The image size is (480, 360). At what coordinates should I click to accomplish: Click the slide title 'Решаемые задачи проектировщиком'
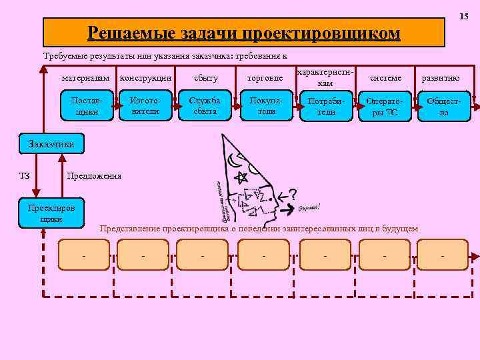(x=244, y=33)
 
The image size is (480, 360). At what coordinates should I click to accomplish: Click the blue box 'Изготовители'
(x=144, y=106)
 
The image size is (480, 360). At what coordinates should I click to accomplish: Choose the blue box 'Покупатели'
(x=266, y=106)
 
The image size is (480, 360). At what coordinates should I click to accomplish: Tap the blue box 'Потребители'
(x=326, y=106)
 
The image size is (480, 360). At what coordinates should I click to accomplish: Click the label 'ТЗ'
(x=24, y=176)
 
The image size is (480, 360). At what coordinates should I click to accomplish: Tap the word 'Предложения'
(x=93, y=176)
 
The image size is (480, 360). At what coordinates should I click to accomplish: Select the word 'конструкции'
(x=145, y=78)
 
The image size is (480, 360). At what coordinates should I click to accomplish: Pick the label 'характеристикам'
(x=325, y=77)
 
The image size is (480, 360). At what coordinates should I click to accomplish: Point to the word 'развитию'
(x=441, y=78)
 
